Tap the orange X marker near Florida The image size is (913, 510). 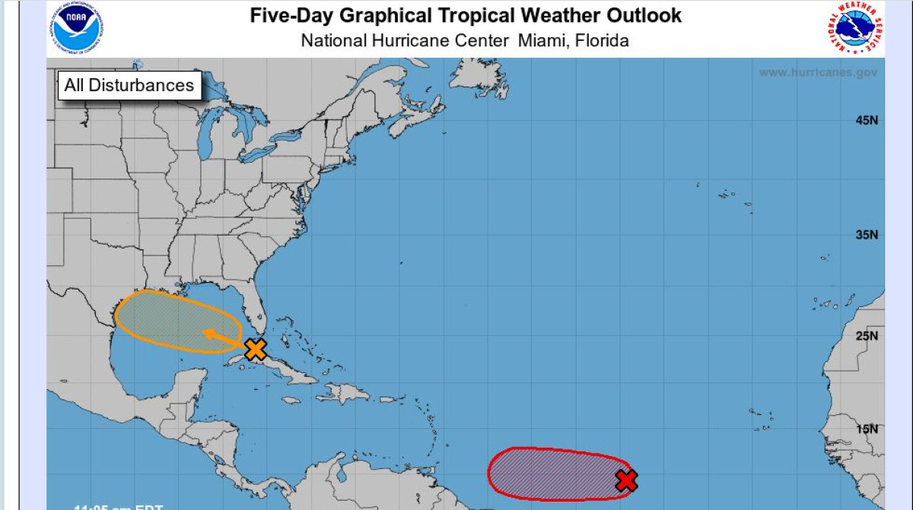click(x=256, y=350)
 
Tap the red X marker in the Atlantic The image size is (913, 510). click(x=626, y=480)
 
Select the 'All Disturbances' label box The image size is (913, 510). click(x=129, y=85)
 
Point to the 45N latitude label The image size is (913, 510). click(x=866, y=121)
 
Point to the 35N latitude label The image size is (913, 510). click(x=866, y=235)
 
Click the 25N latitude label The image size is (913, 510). click(x=866, y=336)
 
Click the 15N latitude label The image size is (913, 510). click(x=866, y=429)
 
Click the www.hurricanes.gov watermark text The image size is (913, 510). click(x=818, y=72)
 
